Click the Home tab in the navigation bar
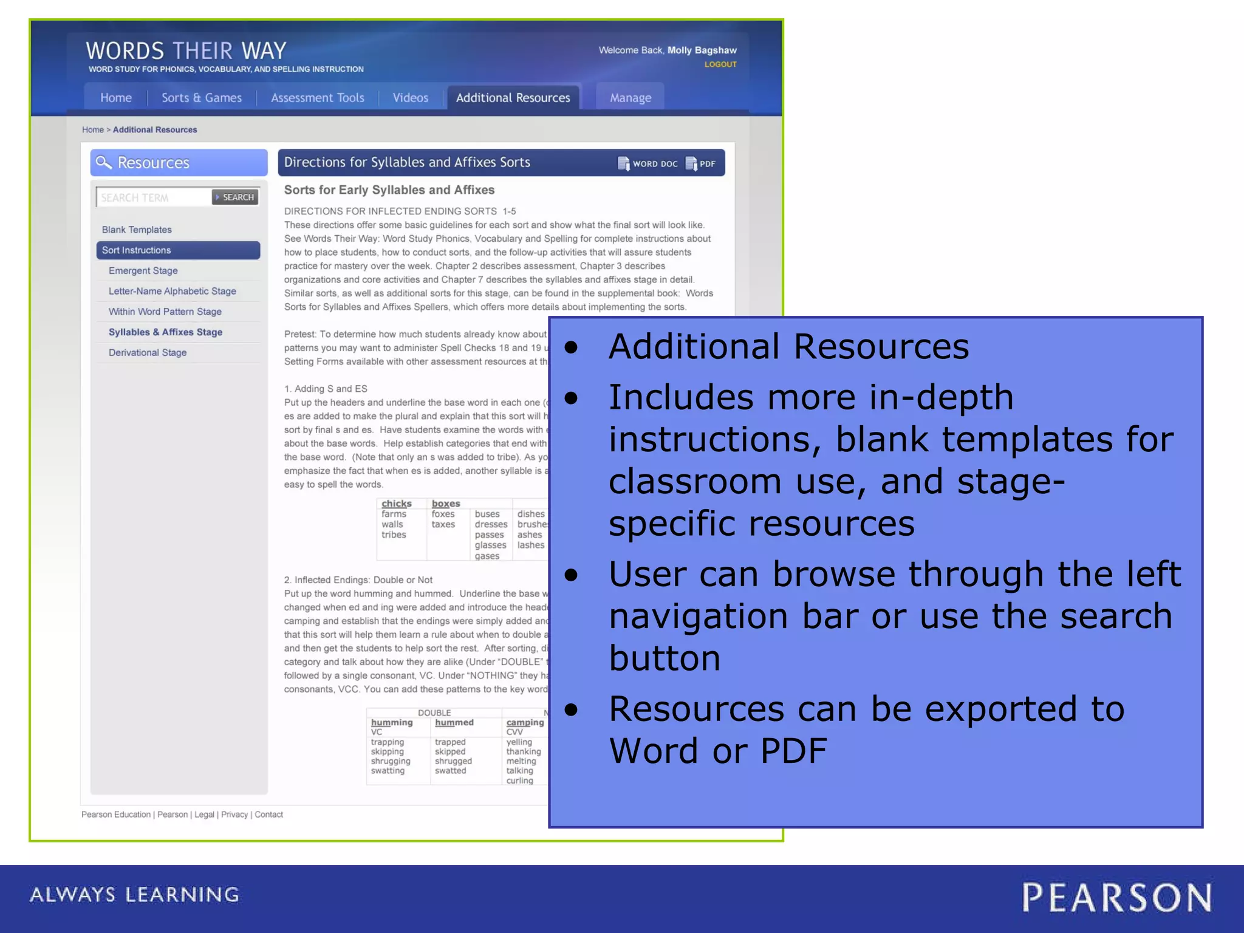(116, 98)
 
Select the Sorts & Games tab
(202, 98)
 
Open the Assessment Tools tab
(317, 98)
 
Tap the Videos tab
(410, 98)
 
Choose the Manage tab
(630, 98)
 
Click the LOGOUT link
(720, 64)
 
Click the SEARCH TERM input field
(153, 197)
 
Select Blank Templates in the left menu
(137, 230)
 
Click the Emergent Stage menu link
(143, 271)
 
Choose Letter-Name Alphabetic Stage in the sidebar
(173, 292)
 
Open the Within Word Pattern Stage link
(165, 312)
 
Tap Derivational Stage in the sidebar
(148, 353)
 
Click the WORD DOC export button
(648, 163)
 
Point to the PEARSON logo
(1116, 898)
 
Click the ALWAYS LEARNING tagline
(135, 895)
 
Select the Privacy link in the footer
(234, 815)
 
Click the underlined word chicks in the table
(397, 504)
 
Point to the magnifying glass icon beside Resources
(104, 162)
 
